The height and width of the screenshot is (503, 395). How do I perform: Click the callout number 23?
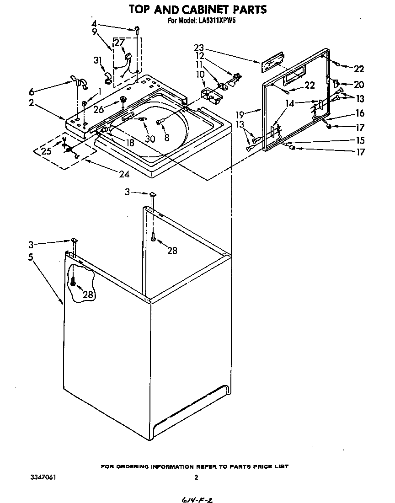click(x=198, y=47)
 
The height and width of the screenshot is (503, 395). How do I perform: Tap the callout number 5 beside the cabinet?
click(x=30, y=257)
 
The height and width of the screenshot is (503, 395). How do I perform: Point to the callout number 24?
click(x=123, y=174)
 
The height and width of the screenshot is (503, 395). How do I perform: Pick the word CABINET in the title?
click(x=202, y=9)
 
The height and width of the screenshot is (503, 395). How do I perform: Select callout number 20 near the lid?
click(x=359, y=84)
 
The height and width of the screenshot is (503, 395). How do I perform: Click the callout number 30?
click(x=149, y=139)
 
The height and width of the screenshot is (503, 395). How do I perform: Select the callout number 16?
click(x=360, y=113)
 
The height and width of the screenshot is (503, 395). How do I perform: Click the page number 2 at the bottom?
click(x=196, y=478)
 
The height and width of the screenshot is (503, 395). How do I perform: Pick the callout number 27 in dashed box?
click(x=119, y=42)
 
